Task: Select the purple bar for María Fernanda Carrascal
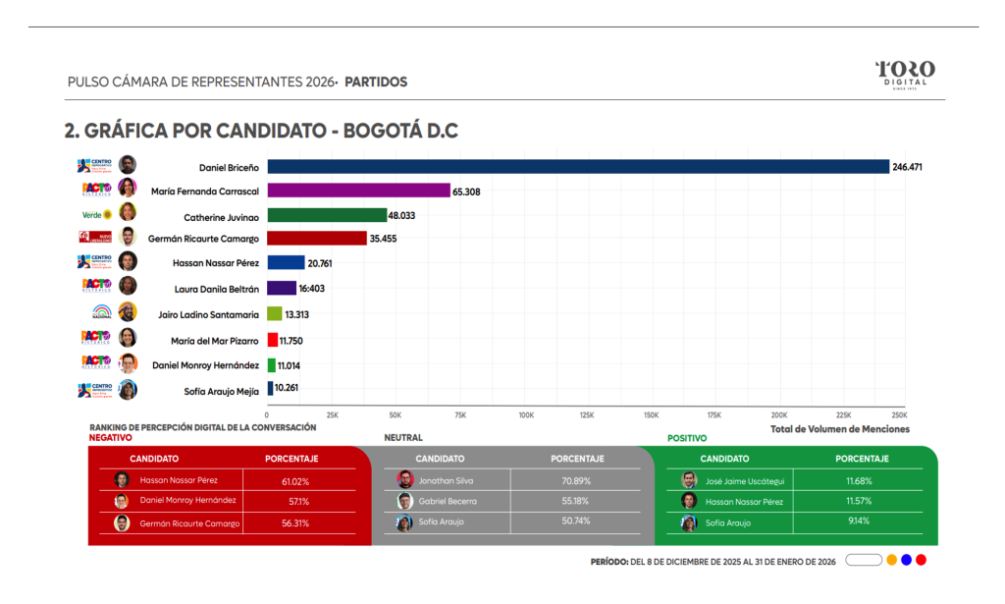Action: pos(358,191)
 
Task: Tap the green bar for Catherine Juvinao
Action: pos(327,215)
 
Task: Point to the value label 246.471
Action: pos(908,167)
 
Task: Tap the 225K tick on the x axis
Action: pos(843,415)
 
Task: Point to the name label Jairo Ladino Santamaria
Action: pos(208,315)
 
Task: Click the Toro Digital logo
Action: pos(905,74)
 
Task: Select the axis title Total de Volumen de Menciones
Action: pos(839,429)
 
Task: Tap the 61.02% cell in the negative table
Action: pos(295,481)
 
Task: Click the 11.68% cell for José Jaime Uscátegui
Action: pos(858,481)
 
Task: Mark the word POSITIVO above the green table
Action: pos(687,438)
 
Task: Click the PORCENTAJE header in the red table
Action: pos(291,459)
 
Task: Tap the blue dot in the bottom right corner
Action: pos(906,560)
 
